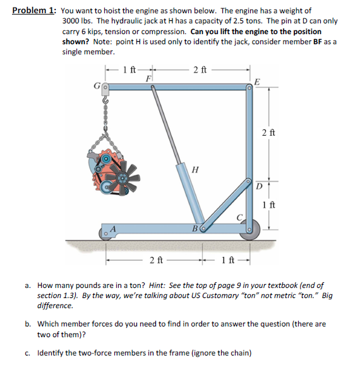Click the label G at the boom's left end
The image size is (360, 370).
(97, 87)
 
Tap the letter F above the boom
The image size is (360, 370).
(148, 78)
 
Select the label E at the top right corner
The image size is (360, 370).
(257, 82)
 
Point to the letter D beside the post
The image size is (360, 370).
(259, 187)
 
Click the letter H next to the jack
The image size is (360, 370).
(195, 169)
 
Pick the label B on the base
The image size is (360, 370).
(195, 229)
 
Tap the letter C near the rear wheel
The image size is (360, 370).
(240, 217)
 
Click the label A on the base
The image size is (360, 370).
(113, 229)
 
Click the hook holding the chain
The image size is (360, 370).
(105, 100)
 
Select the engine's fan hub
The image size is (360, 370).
(123, 177)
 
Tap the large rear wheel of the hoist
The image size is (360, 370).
(250, 230)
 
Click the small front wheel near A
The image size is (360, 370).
(105, 234)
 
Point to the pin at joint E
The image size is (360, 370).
(249, 88)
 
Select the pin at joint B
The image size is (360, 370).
(203, 229)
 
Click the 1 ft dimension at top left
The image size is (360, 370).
(129, 70)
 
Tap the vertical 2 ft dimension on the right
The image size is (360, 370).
(268, 133)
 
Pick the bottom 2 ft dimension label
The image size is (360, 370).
(157, 260)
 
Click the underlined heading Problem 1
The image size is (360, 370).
(34, 11)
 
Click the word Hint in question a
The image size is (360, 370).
(157, 285)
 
